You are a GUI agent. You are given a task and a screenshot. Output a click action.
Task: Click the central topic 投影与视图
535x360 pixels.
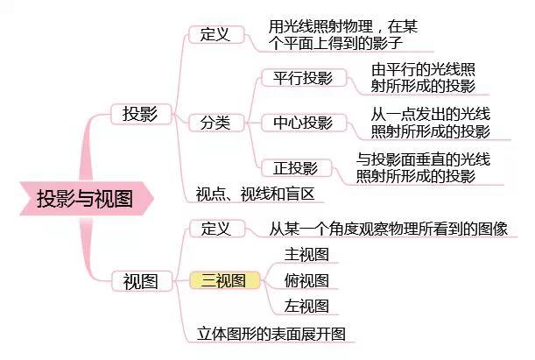coord(85,199)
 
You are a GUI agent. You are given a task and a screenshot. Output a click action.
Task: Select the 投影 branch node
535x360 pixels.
coord(141,114)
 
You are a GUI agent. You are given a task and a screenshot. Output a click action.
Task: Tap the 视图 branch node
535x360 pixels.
coord(142,281)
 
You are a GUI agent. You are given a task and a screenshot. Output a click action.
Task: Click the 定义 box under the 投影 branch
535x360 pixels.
coord(216,34)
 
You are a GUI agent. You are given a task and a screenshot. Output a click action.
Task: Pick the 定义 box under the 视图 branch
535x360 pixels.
coord(217,229)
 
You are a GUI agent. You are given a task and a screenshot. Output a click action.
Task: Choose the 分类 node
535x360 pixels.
coord(216,123)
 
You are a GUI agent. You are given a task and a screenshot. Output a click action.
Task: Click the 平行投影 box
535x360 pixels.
coord(304,78)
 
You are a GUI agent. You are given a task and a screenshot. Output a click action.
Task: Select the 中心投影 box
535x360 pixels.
coord(304,123)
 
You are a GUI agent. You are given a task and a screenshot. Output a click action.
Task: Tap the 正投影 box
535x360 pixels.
coord(296,168)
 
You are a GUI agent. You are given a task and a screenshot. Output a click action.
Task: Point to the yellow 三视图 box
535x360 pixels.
coord(224,280)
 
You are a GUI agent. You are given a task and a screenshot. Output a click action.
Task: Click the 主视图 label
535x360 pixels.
coord(306,255)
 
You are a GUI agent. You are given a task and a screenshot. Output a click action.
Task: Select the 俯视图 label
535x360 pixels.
coord(306,280)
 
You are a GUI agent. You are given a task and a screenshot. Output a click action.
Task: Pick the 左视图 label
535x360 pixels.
coord(306,306)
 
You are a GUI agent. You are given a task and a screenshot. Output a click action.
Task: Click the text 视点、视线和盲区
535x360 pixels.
coord(255,194)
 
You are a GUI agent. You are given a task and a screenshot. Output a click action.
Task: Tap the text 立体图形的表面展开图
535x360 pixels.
coord(271,334)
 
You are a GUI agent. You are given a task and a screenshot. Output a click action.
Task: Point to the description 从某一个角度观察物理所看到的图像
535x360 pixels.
coord(388,229)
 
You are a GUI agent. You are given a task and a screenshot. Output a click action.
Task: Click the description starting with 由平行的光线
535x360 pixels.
coord(423,78)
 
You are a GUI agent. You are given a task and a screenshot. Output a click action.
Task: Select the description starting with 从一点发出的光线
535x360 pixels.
coord(431,123)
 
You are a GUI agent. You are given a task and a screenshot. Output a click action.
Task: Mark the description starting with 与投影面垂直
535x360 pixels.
coord(423,168)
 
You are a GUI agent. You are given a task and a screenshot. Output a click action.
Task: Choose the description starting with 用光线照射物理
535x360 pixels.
coord(343,35)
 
